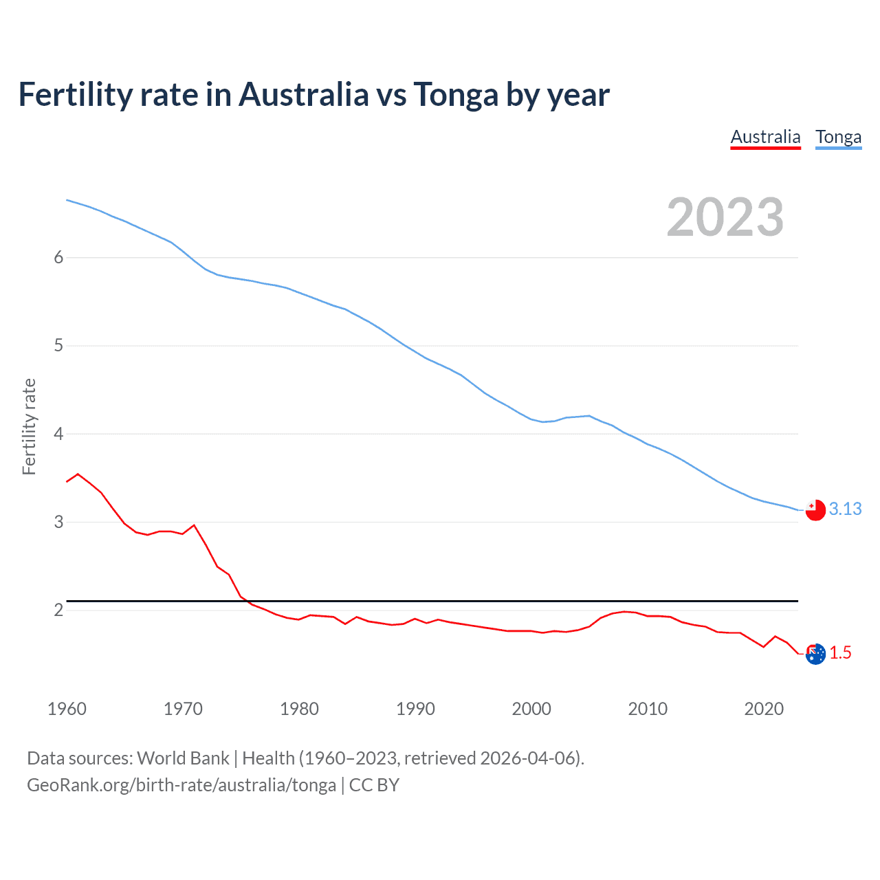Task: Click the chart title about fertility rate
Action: (x=313, y=95)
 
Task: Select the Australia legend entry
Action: (x=765, y=137)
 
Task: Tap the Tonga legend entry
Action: (x=838, y=137)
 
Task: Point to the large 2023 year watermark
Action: (x=725, y=217)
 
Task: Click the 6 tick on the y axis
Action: (x=58, y=257)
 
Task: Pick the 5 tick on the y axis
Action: (x=58, y=345)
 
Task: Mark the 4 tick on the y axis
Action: (x=58, y=434)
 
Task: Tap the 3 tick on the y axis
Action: (x=58, y=522)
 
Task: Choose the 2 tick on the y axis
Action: (x=58, y=610)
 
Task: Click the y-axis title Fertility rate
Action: (x=29, y=426)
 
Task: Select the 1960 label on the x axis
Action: (x=67, y=709)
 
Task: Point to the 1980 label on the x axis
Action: (x=299, y=709)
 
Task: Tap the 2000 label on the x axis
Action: (x=531, y=709)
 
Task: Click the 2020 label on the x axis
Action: (x=764, y=709)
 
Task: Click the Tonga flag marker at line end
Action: (x=815, y=510)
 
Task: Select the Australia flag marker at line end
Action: (x=815, y=654)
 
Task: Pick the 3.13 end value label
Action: (x=845, y=509)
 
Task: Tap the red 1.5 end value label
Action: (x=840, y=653)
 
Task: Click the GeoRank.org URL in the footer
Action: (x=181, y=785)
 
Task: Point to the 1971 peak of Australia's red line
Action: (x=194, y=525)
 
